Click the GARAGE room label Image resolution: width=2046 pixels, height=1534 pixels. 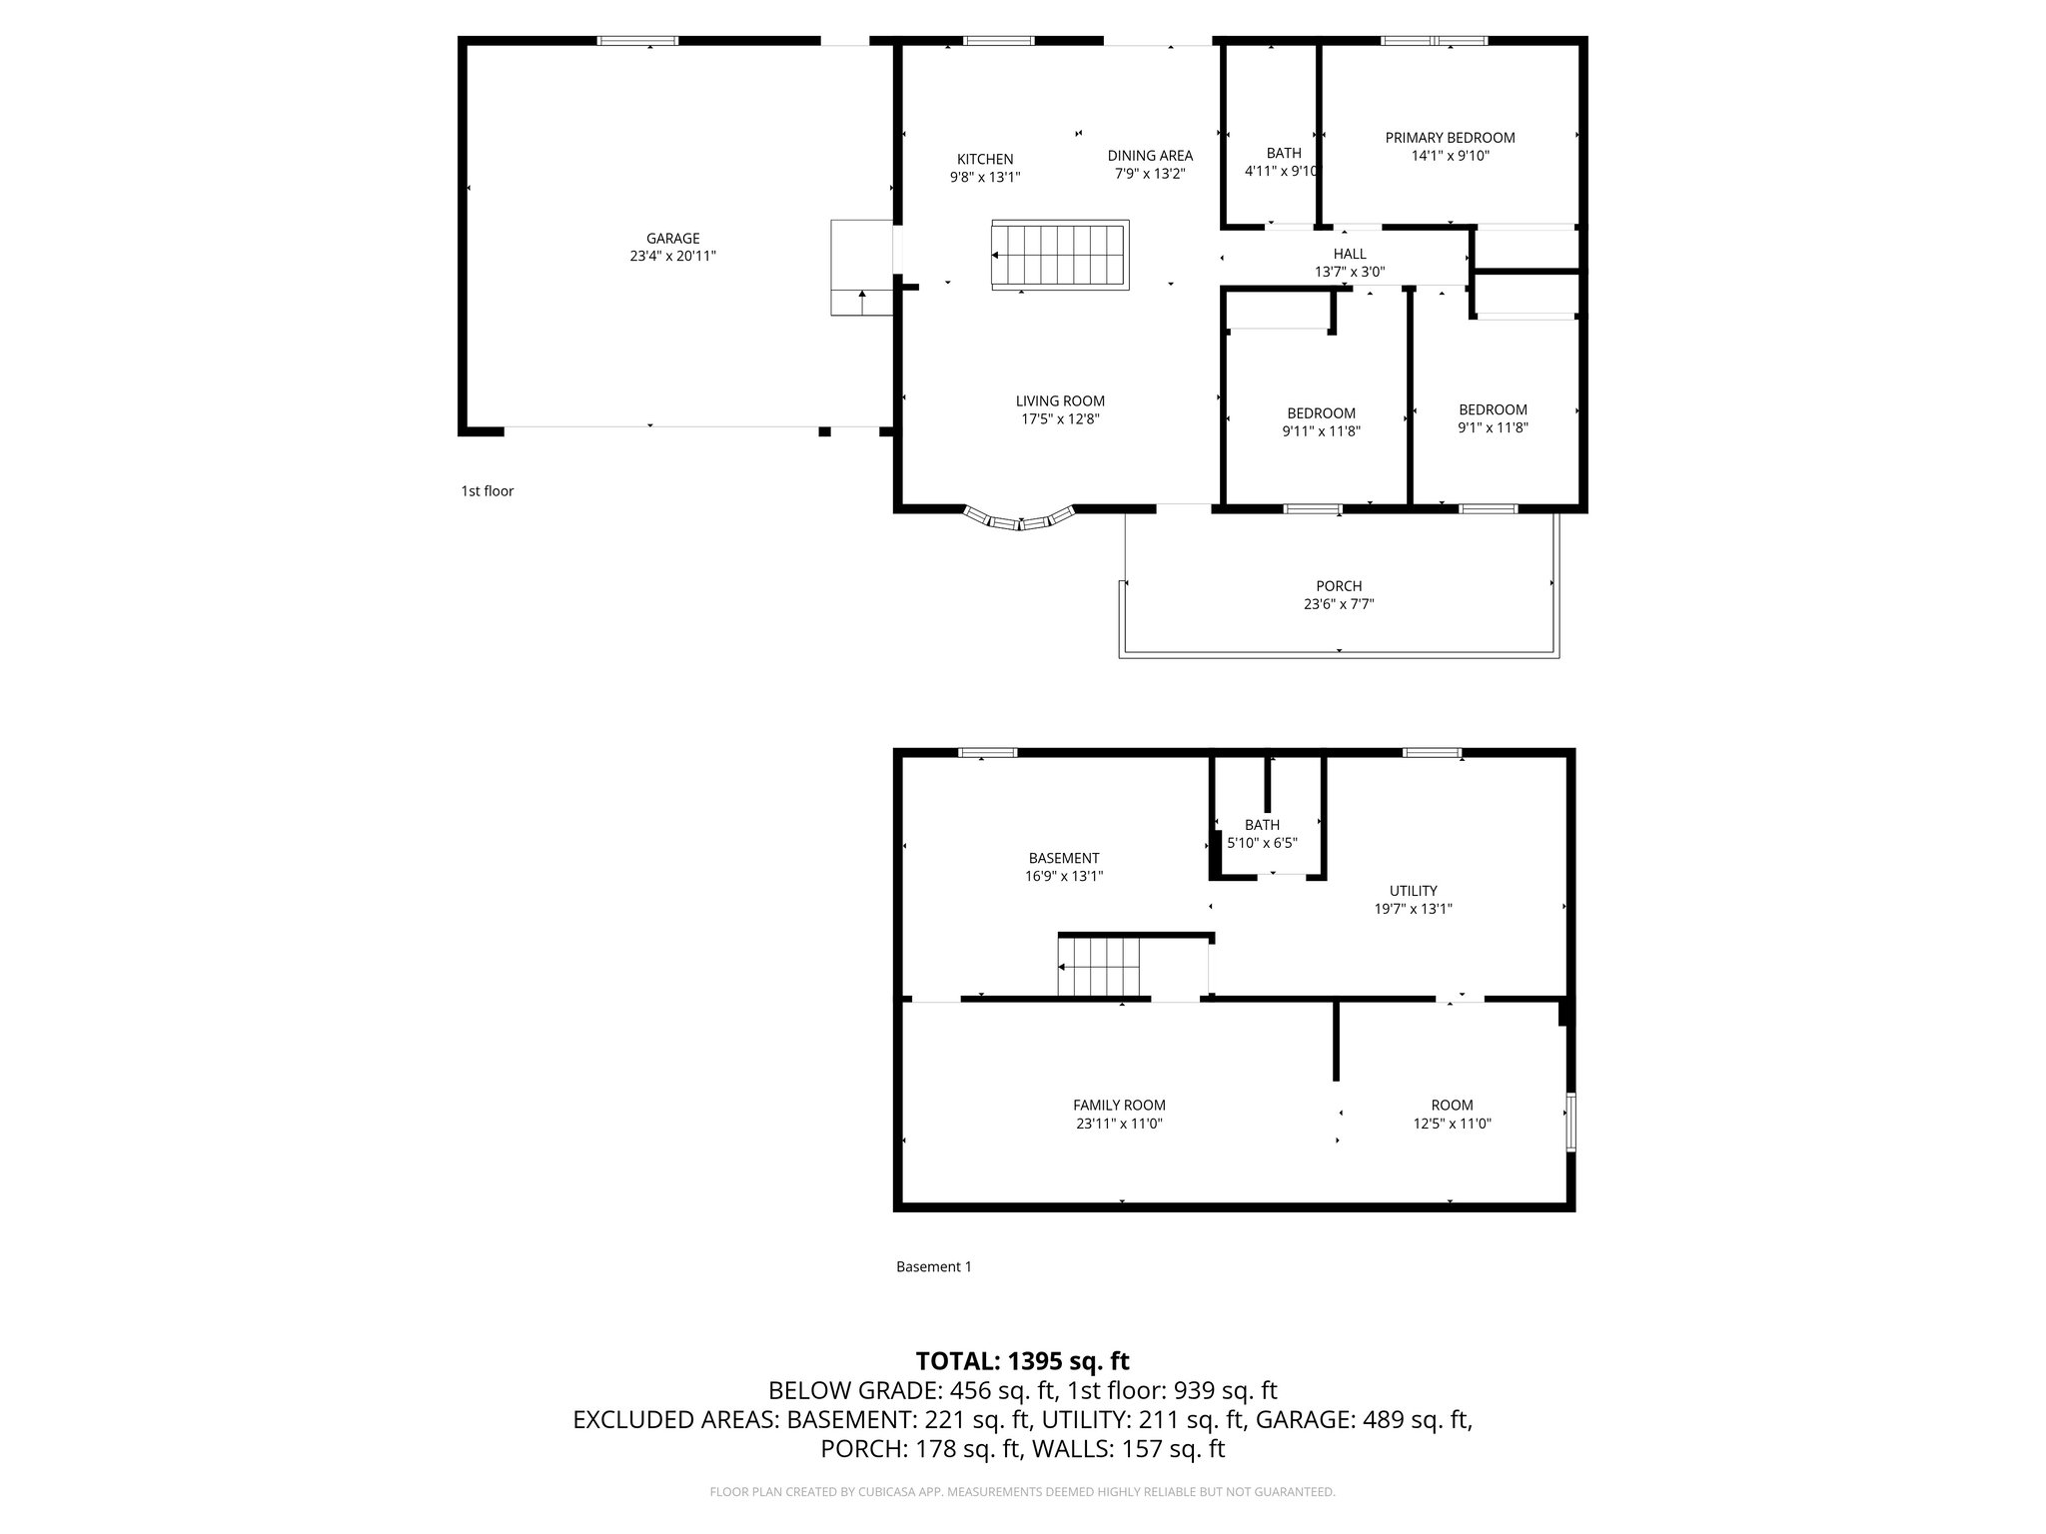[x=672, y=239]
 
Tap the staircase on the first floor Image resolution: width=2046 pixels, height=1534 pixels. [x=1060, y=256]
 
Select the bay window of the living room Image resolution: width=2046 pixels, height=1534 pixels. [x=1020, y=519]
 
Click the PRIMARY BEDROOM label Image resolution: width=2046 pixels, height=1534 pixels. [x=1450, y=138]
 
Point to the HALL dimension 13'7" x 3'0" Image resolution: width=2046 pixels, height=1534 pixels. [x=1349, y=272]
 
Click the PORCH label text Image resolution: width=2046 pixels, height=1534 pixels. [x=1339, y=586]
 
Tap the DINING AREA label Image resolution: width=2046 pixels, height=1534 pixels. [x=1150, y=155]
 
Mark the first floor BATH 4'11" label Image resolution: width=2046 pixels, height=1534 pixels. [x=1284, y=153]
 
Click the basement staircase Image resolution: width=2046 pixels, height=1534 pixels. [x=1099, y=967]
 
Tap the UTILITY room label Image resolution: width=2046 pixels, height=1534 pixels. [x=1413, y=891]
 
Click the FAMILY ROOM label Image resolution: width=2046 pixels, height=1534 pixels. [x=1119, y=1105]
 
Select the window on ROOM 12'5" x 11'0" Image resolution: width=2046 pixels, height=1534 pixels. [x=1570, y=1123]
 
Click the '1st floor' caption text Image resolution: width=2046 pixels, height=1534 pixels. [x=488, y=491]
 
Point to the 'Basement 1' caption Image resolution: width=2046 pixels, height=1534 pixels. [x=933, y=1266]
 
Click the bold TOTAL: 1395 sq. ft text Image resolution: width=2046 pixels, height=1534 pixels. [x=1022, y=1360]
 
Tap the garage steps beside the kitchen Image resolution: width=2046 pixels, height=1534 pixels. [x=861, y=268]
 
